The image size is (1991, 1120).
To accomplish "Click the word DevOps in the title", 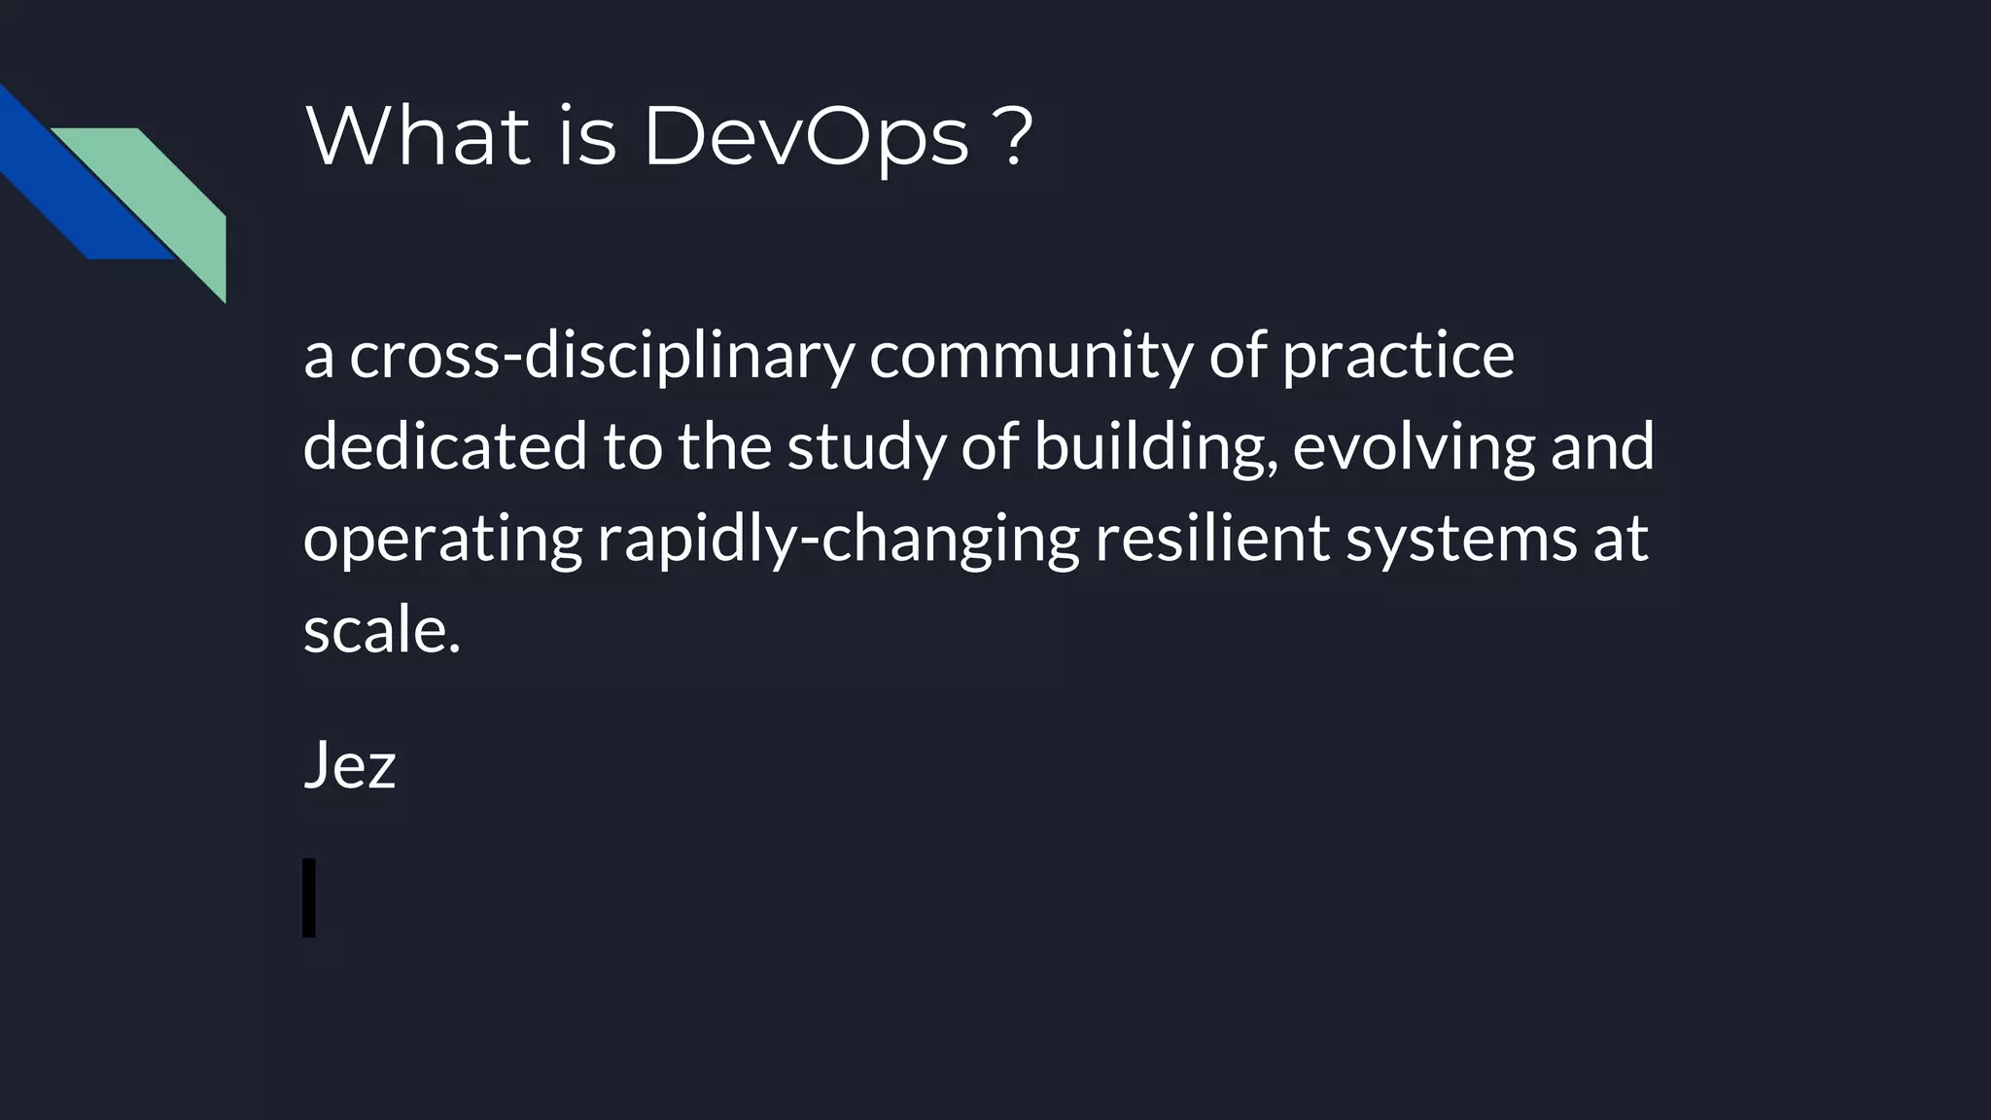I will [x=806, y=136].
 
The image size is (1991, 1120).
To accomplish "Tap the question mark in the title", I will [x=1014, y=136].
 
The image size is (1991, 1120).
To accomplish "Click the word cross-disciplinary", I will [x=601, y=356].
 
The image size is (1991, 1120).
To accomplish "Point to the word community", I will [x=1030, y=358].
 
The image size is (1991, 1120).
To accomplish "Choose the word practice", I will [x=1398, y=358].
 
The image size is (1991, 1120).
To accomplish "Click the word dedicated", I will [x=445, y=446].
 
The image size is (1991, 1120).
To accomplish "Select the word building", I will [x=1155, y=448].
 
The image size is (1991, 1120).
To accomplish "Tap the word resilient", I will [x=1212, y=538].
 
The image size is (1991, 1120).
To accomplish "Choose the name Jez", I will [x=350, y=765].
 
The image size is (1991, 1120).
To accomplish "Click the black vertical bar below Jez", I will [x=309, y=897].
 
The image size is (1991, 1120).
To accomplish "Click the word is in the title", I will [x=587, y=136].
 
